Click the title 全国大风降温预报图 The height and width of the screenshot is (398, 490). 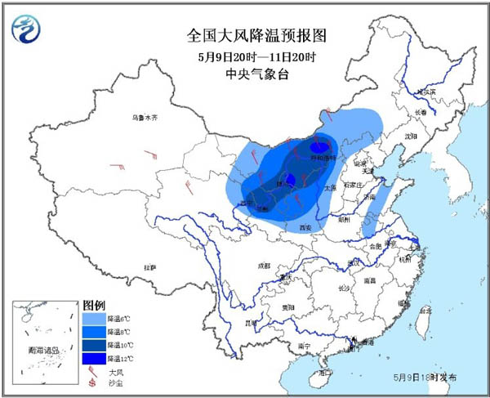[x=245, y=36]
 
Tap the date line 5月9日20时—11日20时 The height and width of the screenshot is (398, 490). [x=245, y=56]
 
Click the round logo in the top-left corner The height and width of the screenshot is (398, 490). [x=26, y=30]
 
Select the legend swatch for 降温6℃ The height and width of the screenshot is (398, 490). [x=94, y=317]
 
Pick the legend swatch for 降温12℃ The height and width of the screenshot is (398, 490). [x=94, y=358]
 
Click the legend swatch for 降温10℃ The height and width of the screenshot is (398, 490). [x=94, y=345]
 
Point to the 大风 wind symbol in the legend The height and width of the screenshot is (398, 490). [x=92, y=371]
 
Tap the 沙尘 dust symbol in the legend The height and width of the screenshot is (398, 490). [x=92, y=383]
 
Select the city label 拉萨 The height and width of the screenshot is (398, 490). [x=150, y=267]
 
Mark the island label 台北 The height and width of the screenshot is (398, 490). [x=424, y=311]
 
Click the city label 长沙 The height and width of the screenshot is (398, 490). [x=344, y=288]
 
